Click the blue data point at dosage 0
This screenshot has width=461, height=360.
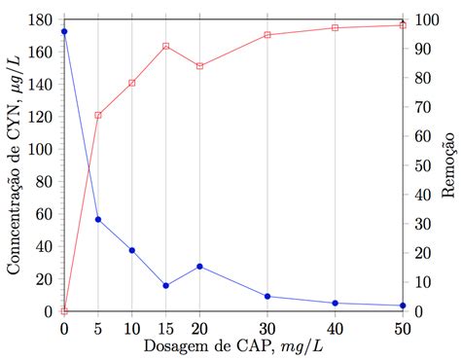(64, 31)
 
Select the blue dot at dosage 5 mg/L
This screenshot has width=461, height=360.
(98, 219)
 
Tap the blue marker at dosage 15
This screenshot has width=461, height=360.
(166, 285)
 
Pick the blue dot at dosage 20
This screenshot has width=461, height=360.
(199, 266)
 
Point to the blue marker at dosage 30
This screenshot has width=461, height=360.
(267, 296)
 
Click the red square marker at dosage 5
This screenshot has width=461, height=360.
(98, 115)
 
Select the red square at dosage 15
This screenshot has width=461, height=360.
(166, 46)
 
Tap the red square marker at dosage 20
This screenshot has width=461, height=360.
(199, 66)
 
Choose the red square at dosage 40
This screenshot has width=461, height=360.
(335, 27)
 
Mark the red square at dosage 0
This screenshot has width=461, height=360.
(64, 310)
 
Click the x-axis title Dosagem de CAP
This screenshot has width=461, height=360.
(233, 347)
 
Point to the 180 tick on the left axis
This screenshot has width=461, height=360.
(40, 19)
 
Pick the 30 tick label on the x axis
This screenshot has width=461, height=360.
(267, 329)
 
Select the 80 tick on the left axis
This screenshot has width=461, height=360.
(44, 182)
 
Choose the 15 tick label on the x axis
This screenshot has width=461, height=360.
(166, 329)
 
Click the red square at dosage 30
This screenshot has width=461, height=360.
(267, 35)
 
